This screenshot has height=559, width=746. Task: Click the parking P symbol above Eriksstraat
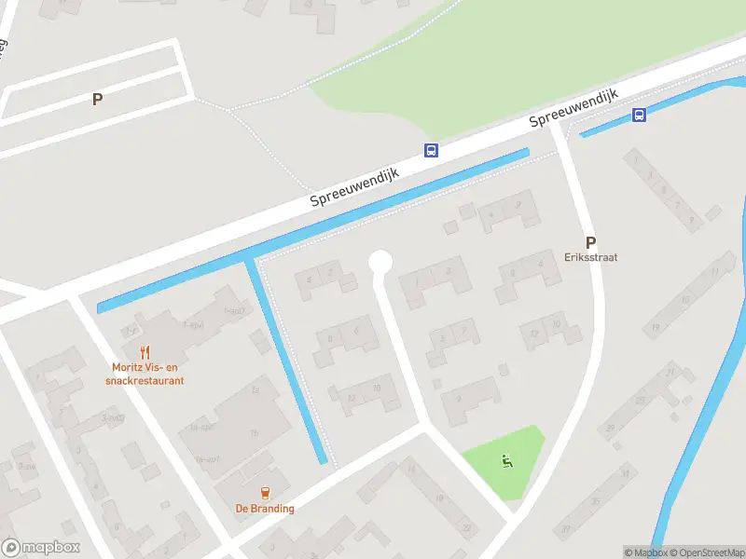click(590, 241)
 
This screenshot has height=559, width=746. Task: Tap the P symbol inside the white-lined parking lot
click(97, 99)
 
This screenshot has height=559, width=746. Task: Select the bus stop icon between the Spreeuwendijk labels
click(431, 150)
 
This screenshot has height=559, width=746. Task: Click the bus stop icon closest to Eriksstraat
click(639, 116)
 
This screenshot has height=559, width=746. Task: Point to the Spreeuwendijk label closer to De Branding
click(354, 189)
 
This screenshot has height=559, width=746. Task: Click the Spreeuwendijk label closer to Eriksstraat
click(574, 108)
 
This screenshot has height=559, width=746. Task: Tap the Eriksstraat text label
click(591, 257)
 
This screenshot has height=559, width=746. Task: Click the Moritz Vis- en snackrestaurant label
click(145, 374)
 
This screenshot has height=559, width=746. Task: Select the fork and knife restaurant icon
click(145, 352)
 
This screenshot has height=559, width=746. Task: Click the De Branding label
click(265, 509)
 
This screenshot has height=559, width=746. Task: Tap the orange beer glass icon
click(265, 493)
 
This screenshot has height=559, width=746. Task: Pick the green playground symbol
click(507, 459)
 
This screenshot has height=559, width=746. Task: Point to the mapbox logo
click(40, 548)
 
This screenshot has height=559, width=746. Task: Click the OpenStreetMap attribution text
click(706, 552)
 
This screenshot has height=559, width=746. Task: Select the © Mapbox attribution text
click(645, 552)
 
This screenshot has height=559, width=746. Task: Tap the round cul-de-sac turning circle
click(380, 263)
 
